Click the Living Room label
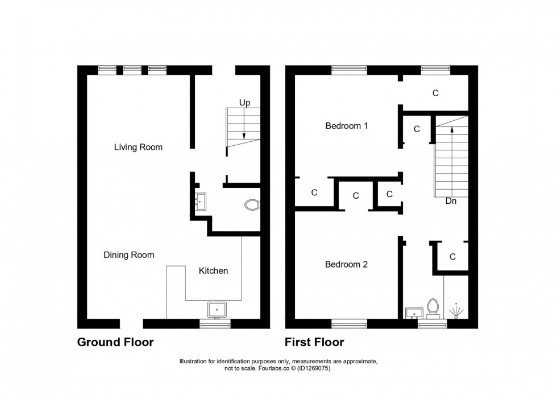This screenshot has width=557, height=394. click(138, 147)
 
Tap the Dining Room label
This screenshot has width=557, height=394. click(129, 255)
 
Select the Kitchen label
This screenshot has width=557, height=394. click(213, 271)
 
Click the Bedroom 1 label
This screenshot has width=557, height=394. click(347, 126)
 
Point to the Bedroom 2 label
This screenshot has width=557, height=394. click(347, 264)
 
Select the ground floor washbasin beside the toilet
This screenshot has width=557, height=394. click(201, 201)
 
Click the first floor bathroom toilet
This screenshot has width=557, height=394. click(433, 307)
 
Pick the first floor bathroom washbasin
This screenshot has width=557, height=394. click(414, 313)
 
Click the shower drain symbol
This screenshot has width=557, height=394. click(456, 312)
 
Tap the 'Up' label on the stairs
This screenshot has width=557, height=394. click(244, 103)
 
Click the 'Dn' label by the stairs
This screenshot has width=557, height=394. click(451, 201)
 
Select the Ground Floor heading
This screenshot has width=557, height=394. click(115, 343)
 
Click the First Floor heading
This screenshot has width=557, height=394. click(315, 343)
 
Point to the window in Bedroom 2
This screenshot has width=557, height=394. click(350, 324)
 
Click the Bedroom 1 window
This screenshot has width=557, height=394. click(350, 70)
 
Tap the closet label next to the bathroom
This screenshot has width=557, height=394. click(452, 257)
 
